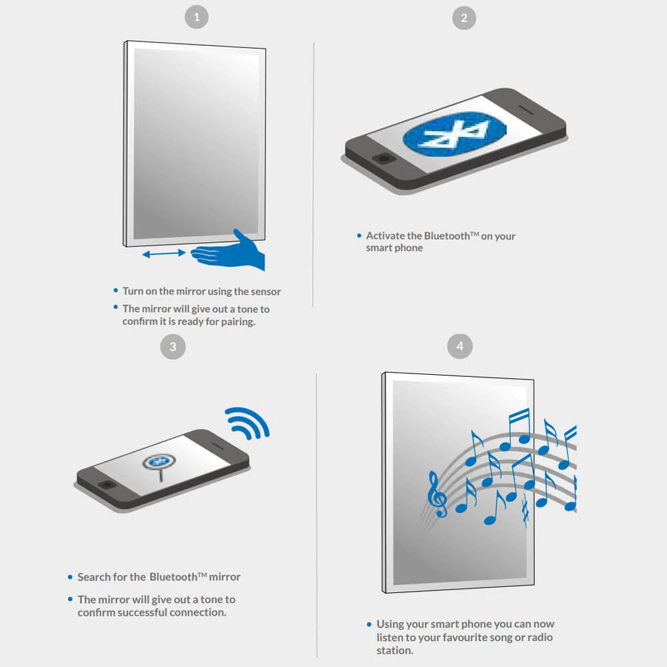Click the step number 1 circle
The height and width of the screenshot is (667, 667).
point(197,17)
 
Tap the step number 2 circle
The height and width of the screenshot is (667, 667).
point(464,18)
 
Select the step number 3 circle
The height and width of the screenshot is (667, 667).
point(173,347)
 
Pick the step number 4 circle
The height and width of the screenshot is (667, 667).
point(460,346)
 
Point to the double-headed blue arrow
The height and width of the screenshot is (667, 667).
point(164,253)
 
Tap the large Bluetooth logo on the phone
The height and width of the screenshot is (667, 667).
point(454,133)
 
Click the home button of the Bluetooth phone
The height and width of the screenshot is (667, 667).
point(384,159)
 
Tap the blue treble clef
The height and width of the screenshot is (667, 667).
point(437,494)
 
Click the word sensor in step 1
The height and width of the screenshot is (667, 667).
point(266,292)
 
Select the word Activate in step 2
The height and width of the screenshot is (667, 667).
point(386,235)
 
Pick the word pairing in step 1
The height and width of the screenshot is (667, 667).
point(238,322)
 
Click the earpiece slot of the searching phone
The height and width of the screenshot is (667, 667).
point(217,446)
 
